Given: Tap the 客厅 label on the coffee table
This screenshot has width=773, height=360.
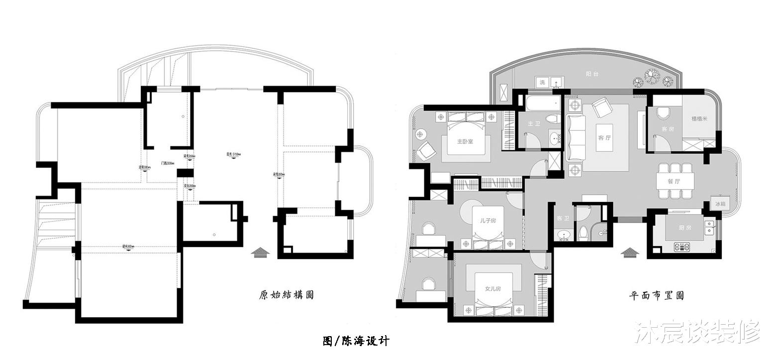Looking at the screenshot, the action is tap(604, 138).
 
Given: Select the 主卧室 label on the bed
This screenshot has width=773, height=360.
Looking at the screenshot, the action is tap(465, 141).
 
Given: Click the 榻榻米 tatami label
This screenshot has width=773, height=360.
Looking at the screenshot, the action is tap(699, 119).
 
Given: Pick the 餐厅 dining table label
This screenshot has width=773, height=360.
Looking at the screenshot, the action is tap(674, 181).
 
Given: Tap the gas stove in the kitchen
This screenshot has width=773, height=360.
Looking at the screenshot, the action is tap(682, 246).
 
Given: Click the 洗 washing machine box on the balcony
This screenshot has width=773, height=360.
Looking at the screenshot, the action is tap(543, 82).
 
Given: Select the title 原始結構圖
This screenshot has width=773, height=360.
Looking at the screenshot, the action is tap(287, 295).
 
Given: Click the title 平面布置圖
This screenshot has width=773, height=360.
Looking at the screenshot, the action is tap(656, 295).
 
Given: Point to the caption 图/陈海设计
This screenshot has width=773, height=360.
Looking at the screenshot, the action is tap(356, 341).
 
